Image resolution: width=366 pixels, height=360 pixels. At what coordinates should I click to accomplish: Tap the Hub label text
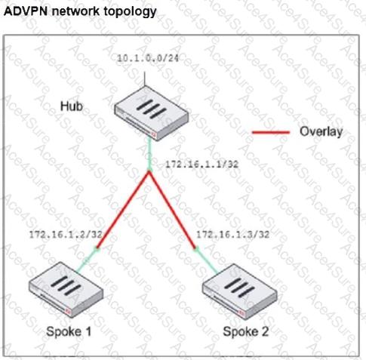(x=72, y=106)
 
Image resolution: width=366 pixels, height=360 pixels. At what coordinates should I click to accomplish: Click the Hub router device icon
(x=152, y=113)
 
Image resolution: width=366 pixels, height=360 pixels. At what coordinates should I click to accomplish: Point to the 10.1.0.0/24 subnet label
(x=148, y=58)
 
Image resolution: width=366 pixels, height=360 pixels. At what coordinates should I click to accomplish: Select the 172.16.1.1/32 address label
(x=201, y=165)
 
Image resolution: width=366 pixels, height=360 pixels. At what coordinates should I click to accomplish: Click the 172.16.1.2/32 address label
(x=66, y=235)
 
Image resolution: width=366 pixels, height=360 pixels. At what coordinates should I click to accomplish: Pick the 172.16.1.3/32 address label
(x=232, y=235)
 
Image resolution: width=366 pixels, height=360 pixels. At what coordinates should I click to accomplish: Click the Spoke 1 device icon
(x=66, y=289)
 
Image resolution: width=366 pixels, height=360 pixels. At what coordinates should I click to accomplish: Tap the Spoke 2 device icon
(x=240, y=291)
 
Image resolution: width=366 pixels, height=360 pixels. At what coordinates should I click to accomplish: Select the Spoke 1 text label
(x=69, y=331)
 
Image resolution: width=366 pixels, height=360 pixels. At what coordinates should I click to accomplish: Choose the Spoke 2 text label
(x=246, y=331)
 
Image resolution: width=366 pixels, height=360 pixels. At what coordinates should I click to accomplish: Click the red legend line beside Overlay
(x=271, y=132)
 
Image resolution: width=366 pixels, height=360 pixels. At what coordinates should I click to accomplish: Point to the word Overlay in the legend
(x=321, y=131)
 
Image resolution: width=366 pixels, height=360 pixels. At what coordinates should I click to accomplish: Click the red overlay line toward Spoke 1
(x=123, y=210)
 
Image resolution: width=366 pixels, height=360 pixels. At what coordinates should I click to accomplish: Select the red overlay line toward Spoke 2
(x=172, y=210)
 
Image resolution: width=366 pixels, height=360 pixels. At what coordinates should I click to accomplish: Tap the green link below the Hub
(x=149, y=155)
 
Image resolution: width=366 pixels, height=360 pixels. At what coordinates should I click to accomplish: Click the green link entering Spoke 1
(x=87, y=260)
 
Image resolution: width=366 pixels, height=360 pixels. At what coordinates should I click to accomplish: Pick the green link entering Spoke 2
(x=206, y=261)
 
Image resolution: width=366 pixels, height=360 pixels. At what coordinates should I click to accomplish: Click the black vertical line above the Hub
(x=145, y=79)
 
